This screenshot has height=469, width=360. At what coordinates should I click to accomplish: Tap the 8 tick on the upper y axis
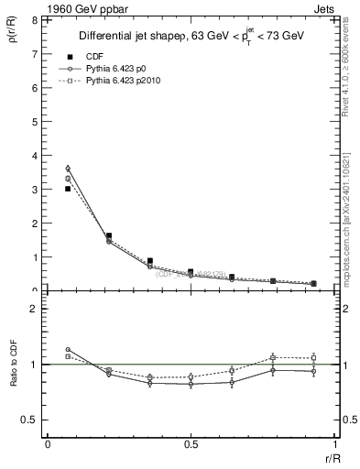point(33,19)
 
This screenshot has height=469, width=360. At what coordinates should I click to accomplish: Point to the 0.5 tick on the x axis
point(191,444)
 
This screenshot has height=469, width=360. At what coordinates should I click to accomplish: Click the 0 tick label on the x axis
point(47,444)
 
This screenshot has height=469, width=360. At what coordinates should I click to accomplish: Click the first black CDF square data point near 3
point(68,189)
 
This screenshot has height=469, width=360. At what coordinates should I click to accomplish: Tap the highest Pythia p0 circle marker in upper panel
point(68,169)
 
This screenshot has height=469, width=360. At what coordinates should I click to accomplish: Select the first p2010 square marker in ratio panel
point(68,356)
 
